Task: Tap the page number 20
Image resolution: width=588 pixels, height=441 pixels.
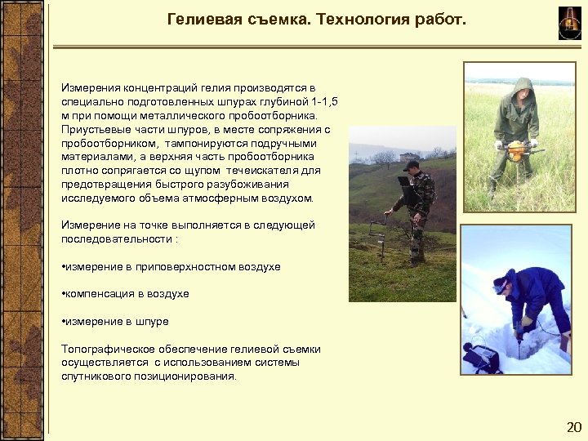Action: tap(573, 427)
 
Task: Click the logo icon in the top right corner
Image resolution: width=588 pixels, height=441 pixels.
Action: tap(568, 22)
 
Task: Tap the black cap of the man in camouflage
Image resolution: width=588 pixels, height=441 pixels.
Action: tap(411, 164)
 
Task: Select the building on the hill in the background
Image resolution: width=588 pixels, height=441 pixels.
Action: tap(407, 156)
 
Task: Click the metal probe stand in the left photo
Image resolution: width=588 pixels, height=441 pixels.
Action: tap(377, 233)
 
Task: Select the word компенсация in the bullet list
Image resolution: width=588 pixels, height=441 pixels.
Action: tap(100, 293)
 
